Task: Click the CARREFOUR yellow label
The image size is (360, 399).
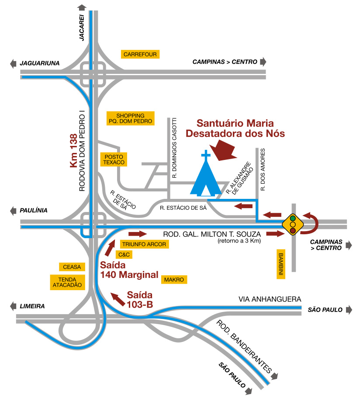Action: click(140, 54)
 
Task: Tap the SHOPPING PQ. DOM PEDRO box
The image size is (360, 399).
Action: click(131, 118)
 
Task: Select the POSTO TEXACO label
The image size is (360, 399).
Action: click(114, 160)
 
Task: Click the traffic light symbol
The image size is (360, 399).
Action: click(292, 224)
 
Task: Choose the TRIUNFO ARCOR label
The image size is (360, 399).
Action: click(144, 244)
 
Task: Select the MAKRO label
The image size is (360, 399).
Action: click(174, 279)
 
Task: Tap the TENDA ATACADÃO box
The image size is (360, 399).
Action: click(68, 282)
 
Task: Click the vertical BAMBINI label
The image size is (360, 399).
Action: click(281, 264)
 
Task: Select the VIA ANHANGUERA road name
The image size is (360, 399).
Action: click(270, 299)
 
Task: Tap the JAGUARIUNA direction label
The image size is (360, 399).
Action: click(39, 63)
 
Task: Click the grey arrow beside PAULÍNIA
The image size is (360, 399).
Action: click(13, 210)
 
